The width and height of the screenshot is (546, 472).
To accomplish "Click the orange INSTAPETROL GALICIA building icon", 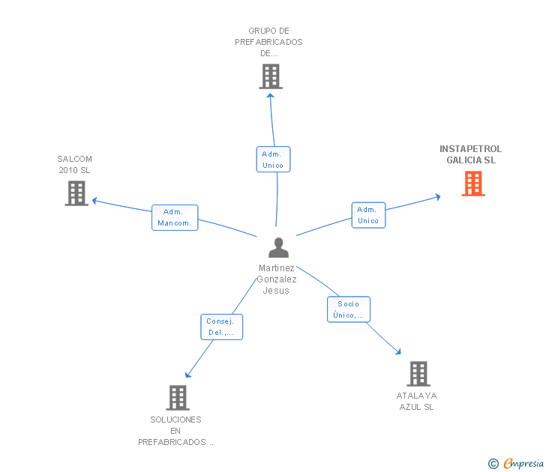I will click(472, 184).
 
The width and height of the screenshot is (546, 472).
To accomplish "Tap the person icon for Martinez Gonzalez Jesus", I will click(278, 248).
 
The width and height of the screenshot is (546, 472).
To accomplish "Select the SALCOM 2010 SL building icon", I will click(76, 193).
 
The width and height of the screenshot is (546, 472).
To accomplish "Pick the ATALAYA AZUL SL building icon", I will click(418, 373).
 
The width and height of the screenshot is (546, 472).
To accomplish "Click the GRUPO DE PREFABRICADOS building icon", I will click(271, 76).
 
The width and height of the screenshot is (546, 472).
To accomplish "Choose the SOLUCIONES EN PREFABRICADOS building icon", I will click(177, 398).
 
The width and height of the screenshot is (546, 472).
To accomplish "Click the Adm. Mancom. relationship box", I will click(175, 217).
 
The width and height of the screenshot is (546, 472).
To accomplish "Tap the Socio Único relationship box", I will click(348, 309).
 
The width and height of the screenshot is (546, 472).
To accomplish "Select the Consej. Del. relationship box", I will click(221, 327).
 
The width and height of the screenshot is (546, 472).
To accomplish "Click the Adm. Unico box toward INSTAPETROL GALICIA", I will click(368, 215).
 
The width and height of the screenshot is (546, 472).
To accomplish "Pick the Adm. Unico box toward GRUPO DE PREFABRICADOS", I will click(273, 159).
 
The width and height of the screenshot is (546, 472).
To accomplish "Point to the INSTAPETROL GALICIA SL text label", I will click(471, 154).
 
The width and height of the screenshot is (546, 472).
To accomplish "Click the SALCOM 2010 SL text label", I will click(74, 164).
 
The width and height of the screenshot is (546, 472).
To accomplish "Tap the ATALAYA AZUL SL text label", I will click(416, 401).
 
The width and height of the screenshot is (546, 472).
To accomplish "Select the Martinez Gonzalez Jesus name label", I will click(277, 279).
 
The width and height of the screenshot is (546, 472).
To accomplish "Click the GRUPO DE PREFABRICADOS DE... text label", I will click(268, 42).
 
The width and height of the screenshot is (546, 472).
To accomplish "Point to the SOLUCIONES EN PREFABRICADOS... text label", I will click(175, 431).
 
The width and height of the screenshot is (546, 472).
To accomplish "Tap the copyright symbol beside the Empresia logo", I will click(493, 464).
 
